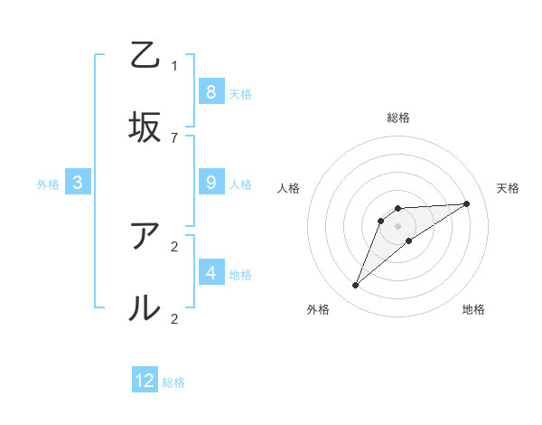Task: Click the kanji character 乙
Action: [x=145, y=55]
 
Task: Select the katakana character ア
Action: [x=145, y=236]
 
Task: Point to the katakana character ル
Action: [x=145, y=308]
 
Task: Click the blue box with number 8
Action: [x=210, y=91]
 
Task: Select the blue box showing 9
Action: [x=210, y=183]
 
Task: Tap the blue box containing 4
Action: [x=210, y=272]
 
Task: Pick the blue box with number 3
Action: [x=78, y=183]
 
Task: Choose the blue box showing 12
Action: [x=145, y=381]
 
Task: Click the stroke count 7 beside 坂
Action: [x=174, y=137]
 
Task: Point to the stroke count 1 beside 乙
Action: [x=174, y=65]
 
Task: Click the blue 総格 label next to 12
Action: [x=173, y=382]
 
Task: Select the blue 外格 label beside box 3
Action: [x=48, y=184]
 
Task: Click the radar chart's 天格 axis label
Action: [x=508, y=188]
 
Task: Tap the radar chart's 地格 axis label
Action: [x=473, y=310]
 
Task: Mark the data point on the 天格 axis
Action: [x=467, y=203]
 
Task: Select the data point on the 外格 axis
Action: [x=355, y=286]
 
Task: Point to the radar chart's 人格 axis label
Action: [x=289, y=188]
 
